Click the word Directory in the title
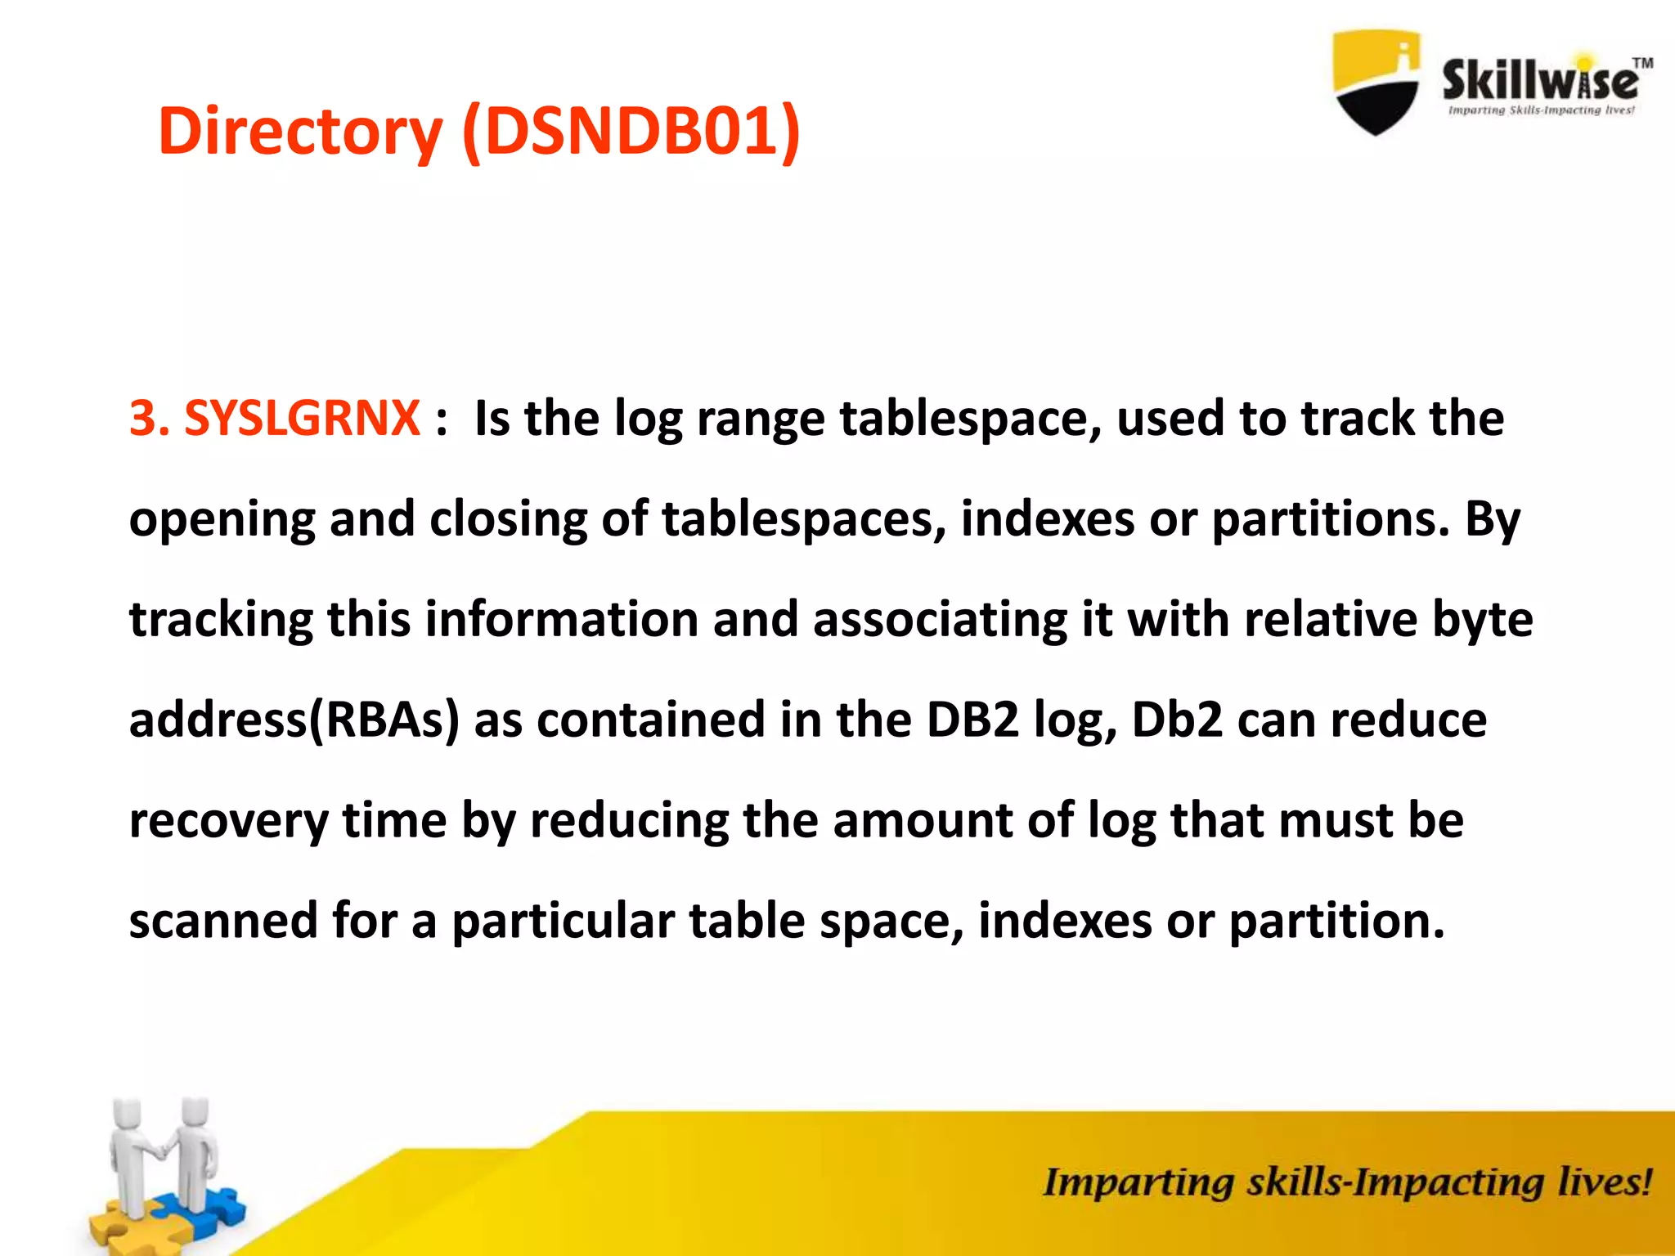[x=299, y=132]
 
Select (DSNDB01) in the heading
[x=631, y=132]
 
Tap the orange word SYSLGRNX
[x=302, y=419]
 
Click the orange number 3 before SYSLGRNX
[x=143, y=419]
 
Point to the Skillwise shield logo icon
[x=1376, y=82]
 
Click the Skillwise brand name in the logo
[x=1539, y=80]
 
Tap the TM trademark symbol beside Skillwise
[x=1642, y=63]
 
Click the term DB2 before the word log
[x=972, y=720]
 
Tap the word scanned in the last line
[x=222, y=921]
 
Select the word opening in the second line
[x=222, y=520]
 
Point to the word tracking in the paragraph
[x=221, y=620]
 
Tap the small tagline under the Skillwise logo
[x=1541, y=110]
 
